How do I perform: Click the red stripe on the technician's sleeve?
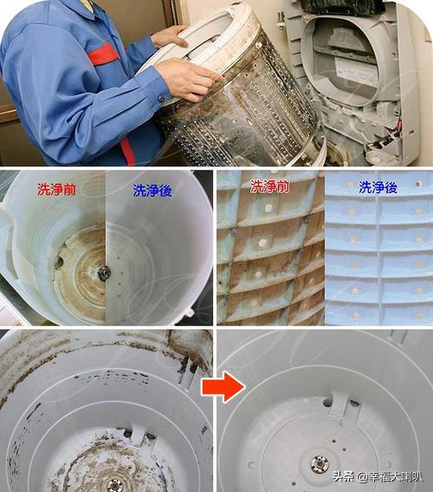[103, 55]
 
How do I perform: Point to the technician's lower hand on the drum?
[187, 80]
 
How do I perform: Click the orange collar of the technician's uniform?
[86, 5]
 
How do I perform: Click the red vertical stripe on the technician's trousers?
[127, 152]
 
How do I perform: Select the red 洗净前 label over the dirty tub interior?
[58, 188]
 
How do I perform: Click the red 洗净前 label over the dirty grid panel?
[270, 186]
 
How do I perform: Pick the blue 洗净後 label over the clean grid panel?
[378, 186]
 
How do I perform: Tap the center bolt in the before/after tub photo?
[105, 273]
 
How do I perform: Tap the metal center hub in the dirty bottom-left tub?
[114, 484]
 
